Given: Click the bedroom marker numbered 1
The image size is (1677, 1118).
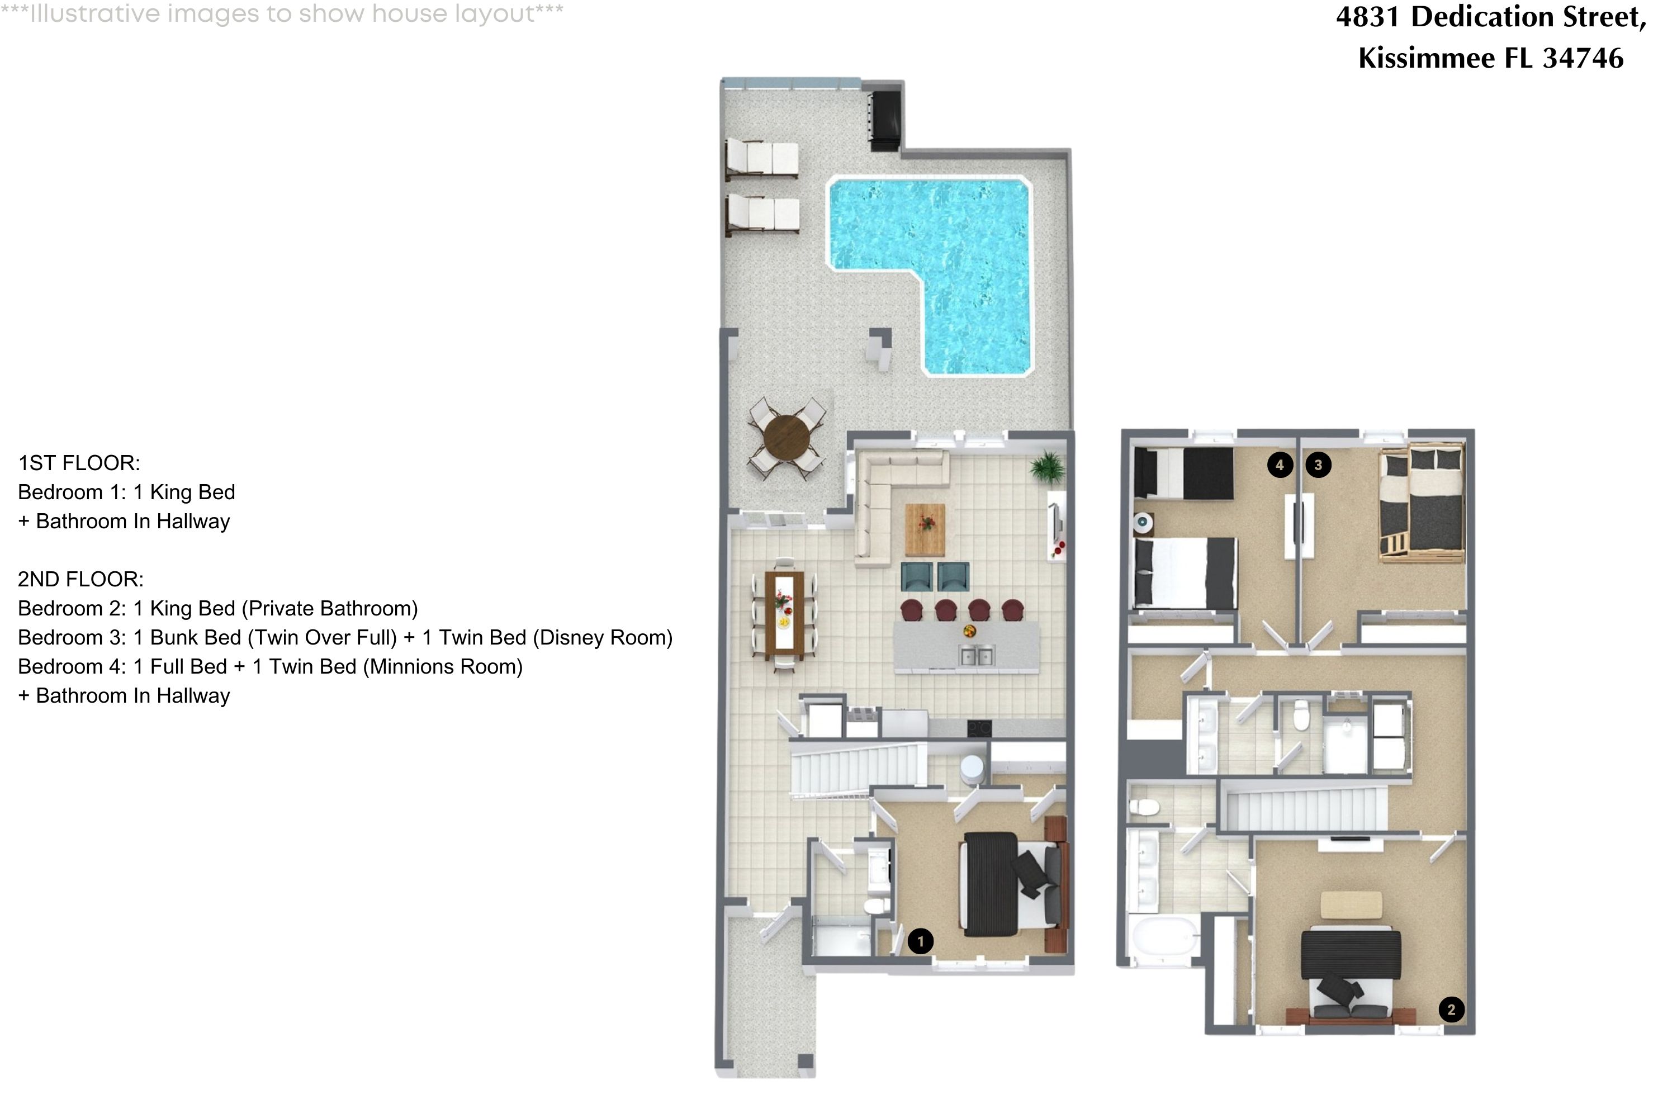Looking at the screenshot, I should [921, 941].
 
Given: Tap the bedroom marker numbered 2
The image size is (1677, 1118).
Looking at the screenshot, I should [1452, 1009].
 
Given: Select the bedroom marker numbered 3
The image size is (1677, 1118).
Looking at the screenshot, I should [1318, 466].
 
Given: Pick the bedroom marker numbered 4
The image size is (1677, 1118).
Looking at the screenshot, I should [1280, 466].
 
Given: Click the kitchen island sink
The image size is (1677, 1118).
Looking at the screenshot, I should [976, 655].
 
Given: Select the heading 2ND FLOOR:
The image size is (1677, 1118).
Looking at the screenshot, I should [80, 579].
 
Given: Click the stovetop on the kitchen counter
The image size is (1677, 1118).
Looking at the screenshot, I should [979, 728].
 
